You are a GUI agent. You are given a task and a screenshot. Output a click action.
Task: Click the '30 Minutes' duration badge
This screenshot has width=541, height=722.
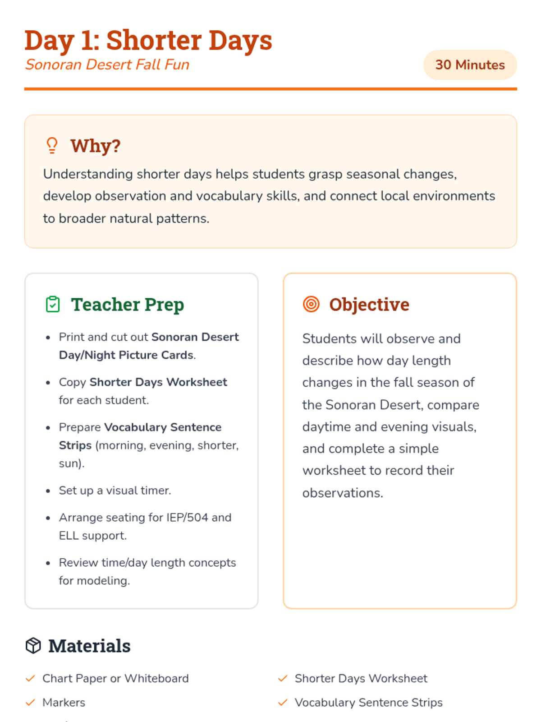[x=470, y=65]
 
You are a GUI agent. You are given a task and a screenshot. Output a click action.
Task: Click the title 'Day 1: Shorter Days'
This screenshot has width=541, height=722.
[x=148, y=40]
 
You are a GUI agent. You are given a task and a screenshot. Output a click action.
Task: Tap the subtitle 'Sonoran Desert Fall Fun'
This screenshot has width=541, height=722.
[x=107, y=65]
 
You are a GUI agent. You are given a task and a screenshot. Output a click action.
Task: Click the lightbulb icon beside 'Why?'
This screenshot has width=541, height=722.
[x=52, y=146]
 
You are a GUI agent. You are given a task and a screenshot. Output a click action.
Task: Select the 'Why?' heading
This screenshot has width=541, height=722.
[x=96, y=146]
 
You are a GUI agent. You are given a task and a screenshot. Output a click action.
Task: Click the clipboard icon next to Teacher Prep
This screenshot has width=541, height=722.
[x=53, y=305]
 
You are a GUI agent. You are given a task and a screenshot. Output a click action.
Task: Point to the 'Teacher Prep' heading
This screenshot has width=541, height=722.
[x=128, y=305]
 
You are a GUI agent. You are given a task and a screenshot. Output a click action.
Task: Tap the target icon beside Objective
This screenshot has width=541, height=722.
[x=311, y=305]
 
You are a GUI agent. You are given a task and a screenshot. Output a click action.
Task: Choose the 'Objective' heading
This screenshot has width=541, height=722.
[x=369, y=305]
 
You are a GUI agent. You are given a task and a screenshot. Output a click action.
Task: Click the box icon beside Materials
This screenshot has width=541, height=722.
[x=33, y=646]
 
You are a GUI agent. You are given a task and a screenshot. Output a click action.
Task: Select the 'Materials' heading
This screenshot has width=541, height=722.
[x=89, y=646]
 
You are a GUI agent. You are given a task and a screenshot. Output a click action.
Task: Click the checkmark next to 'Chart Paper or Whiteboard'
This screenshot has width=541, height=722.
[x=30, y=678]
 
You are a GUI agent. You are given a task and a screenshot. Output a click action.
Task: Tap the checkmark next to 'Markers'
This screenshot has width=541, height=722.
[x=30, y=703]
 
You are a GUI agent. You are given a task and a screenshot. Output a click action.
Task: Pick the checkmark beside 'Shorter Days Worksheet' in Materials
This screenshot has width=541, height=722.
[x=283, y=678]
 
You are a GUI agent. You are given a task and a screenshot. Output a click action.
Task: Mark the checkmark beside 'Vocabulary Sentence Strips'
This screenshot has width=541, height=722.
[x=283, y=703]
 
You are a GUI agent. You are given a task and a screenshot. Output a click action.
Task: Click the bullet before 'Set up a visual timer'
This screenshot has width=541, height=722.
[x=48, y=491]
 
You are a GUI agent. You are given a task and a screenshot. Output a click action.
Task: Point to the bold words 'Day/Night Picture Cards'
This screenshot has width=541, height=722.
[x=126, y=355]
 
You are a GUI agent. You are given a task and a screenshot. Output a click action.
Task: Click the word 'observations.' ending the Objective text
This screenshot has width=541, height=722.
[x=343, y=493]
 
